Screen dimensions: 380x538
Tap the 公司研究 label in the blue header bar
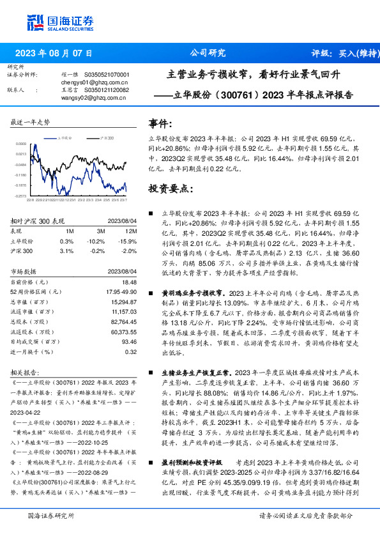208,54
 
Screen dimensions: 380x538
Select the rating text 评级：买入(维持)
342,54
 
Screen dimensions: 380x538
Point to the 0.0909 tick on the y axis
20,145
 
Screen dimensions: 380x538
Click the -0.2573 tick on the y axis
20,196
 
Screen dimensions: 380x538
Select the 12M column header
132,231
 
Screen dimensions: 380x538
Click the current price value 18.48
130,282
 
